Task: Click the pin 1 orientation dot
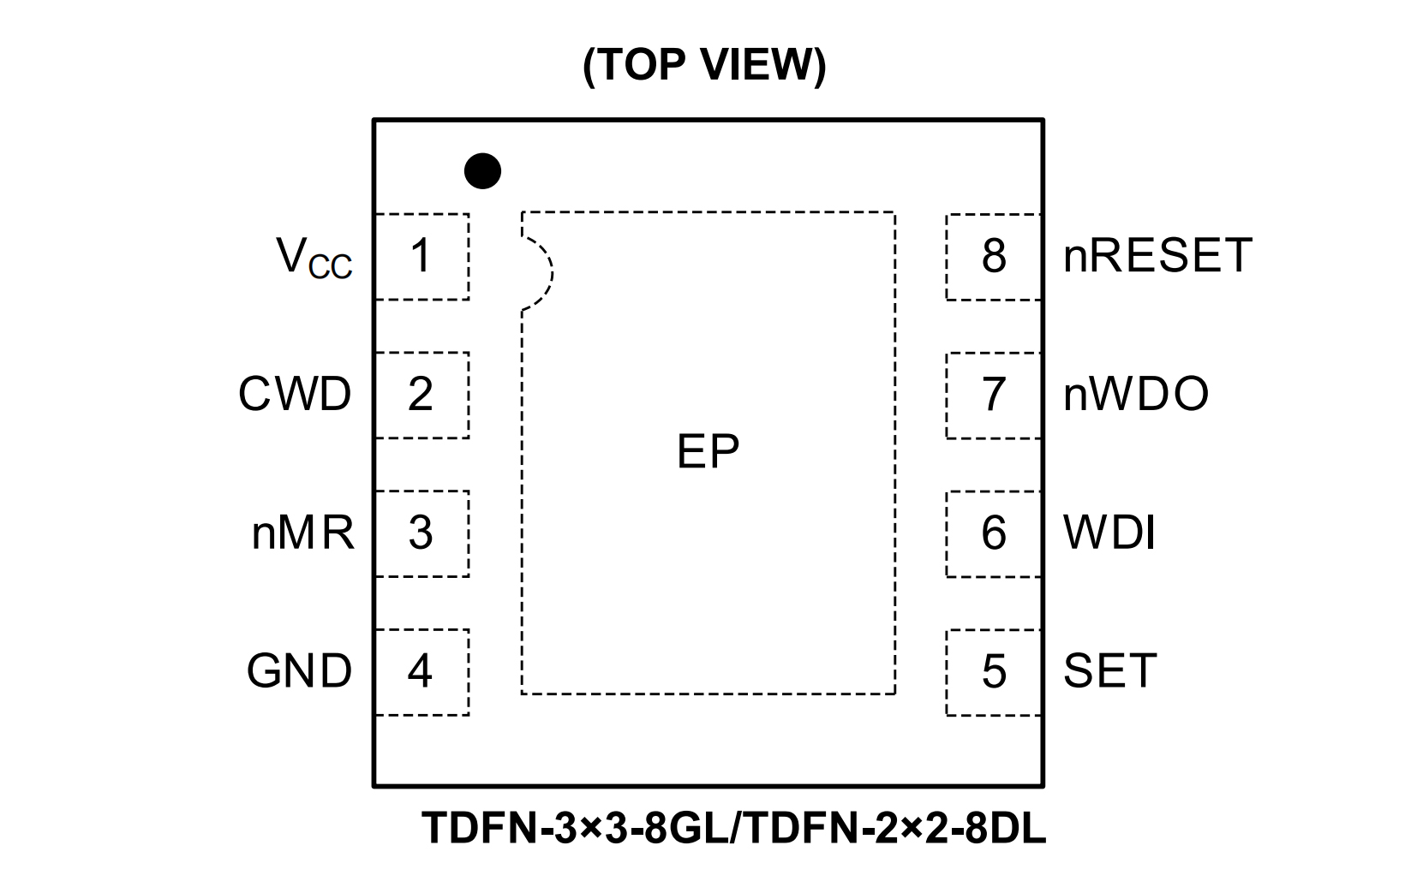pos(482,171)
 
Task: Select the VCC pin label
pos(314,257)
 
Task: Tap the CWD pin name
pos(295,395)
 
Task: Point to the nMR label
pos(302,533)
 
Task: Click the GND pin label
pos(299,671)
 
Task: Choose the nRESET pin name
pos(1157,255)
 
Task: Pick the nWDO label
pos(1136,395)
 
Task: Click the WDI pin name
pos(1109,533)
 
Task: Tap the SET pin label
pos(1110,671)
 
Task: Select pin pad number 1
pos(422,256)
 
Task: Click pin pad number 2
pos(422,395)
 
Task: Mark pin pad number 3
pos(422,533)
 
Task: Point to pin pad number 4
pos(422,671)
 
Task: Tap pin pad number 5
pos(993,672)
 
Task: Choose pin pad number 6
pos(993,533)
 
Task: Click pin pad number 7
pos(993,395)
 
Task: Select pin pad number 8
pos(993,256)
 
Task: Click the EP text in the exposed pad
pos(708,451)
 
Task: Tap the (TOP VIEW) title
pos(704,65)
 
